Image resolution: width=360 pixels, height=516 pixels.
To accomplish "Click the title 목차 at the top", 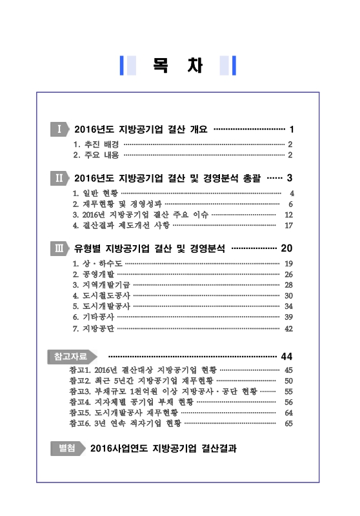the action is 179,66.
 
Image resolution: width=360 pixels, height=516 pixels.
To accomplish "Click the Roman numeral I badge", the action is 59,129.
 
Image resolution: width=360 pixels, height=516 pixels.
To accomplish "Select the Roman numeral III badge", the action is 59,248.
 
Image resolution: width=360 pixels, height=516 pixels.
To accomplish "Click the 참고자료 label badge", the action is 72,356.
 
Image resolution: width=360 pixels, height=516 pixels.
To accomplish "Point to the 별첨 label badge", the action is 66,447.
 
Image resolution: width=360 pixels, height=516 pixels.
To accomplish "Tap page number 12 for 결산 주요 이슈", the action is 289,214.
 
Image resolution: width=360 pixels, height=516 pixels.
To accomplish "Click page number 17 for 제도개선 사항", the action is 289,225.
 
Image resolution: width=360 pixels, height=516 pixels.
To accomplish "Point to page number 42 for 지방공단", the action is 289,328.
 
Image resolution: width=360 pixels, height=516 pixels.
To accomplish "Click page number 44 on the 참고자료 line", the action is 287,356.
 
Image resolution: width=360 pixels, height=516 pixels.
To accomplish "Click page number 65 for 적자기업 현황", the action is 289,423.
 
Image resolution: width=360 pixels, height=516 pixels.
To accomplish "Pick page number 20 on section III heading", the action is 287,248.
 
